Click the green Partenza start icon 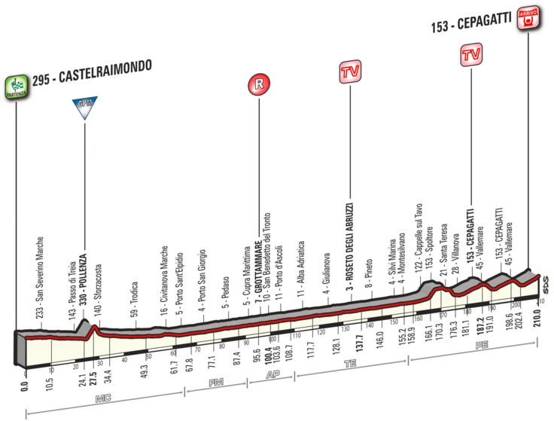click(x=14, y=81)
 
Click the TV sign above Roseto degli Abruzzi click(x=349, y=72)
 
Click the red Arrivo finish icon click(x=530, y=15)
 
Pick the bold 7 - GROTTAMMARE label click(x=257, y=270)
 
